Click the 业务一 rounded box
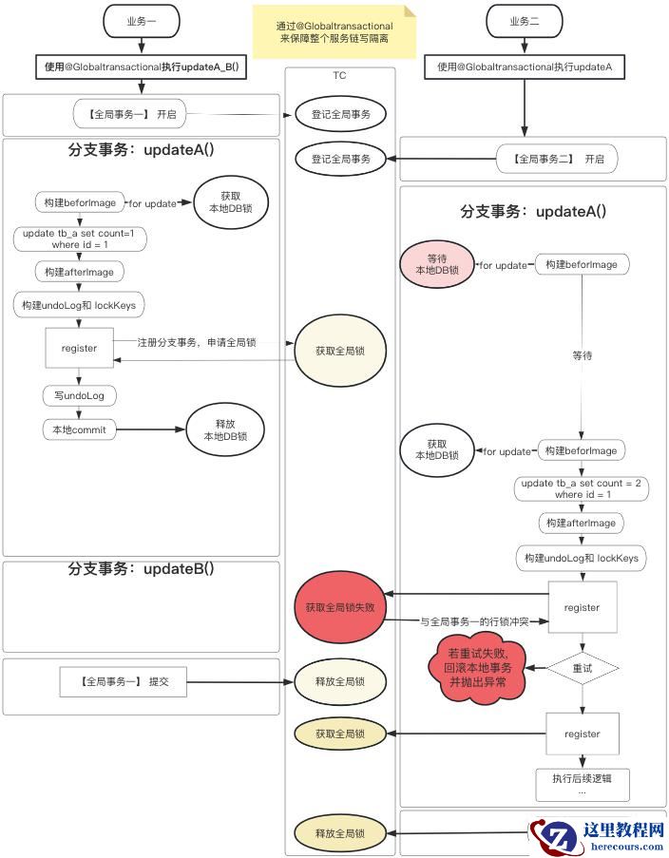(142, 21)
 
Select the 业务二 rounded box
(525, 21)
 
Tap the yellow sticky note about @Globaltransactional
(334, 32)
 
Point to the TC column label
(339, 75)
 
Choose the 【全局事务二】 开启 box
(557, 159)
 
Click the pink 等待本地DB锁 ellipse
(437, 264)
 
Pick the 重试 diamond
(582, 668)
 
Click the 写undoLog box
(80, 394)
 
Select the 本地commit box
(80, 429)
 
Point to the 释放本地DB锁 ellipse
(225, 430)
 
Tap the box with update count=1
(80, 238)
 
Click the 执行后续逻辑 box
(583, 783)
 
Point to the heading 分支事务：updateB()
(141, 568)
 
